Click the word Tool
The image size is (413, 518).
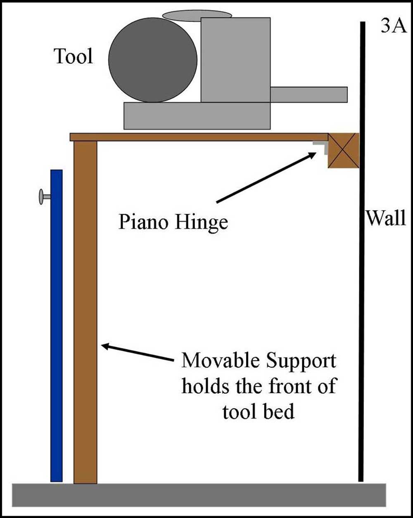tap(74, 56)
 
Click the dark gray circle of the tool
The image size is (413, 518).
tap(153, 60)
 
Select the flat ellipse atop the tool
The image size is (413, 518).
tap(197, 15)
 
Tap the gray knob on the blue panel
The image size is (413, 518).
tap(42, 196)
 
